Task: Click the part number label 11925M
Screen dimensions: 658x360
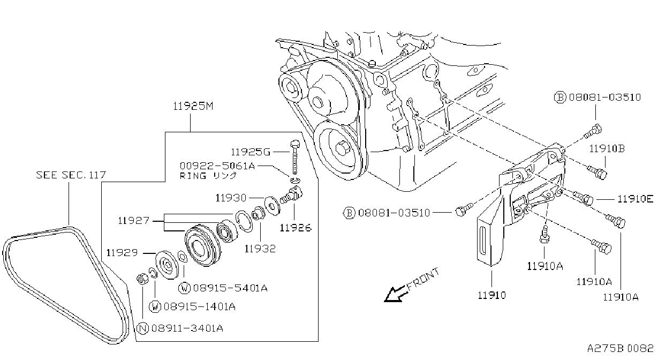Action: coord(193,106)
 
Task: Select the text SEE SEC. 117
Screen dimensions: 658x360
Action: coord(71,175)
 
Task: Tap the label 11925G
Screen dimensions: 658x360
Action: coord(250,152)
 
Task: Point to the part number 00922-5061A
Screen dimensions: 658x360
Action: coord(217,166)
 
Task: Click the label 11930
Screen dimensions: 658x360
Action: coord(231,198)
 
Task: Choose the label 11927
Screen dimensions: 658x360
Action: coord(133,220)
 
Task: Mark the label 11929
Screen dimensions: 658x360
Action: coord(122,253)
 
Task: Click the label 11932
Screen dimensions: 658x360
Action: coord(260,249)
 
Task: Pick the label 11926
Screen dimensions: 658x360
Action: coord(295,228)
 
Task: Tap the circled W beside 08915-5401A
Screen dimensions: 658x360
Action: coord(184,288)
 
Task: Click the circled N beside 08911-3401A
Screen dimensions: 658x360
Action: coord(143,328)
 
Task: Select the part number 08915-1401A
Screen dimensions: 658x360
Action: coord(200,307)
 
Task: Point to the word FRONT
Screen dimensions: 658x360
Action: coord(423,279)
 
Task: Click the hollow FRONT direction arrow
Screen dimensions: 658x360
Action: coord(395,294)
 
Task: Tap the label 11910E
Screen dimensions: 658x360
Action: coord(635,199)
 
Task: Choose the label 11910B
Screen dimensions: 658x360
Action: coord(607,149)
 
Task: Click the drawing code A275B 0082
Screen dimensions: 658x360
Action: coord(620,348)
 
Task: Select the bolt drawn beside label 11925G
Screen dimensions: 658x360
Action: coord(294,157)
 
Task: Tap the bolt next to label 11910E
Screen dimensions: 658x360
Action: coord(584,198)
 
